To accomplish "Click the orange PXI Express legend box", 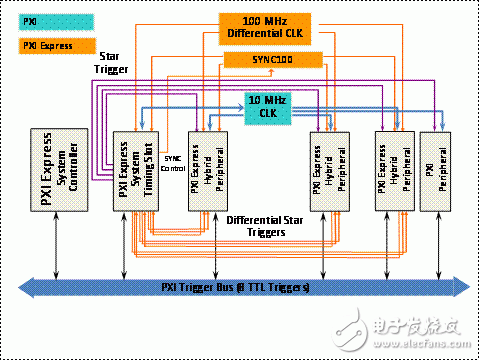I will pyautogui.click(x=52, y=44).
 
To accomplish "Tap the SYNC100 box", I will pyautogui.click(x=271, y=61).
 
